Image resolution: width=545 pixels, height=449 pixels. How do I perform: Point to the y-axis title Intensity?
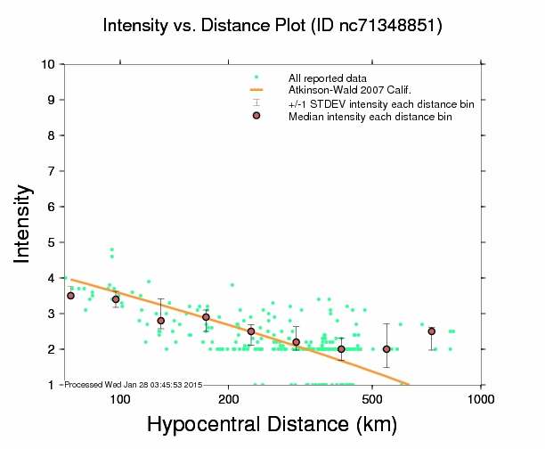(x=24, y=224)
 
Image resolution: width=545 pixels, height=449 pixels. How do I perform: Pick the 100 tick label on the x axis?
(x=120, y=398)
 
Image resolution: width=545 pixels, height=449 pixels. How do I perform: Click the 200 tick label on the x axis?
(x=229, y=398)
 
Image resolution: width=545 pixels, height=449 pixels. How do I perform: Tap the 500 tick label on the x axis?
(x=373, y=398)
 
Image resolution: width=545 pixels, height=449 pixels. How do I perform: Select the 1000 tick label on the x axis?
(x=481, y=398)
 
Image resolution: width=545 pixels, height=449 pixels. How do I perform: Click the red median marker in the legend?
(x=256, y=116)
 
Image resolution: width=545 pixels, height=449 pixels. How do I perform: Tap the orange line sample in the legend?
(x=256, y=90)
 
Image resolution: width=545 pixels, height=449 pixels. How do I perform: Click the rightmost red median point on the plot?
(x=431, y=331)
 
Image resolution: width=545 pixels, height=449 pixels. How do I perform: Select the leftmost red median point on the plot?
(x=70, y=296)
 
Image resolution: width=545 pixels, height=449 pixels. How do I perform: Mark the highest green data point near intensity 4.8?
(x=111, y=249)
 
